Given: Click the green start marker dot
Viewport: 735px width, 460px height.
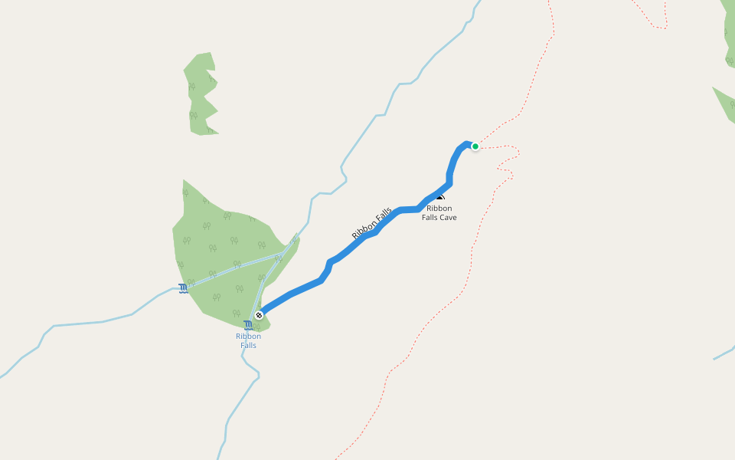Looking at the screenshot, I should (x=475, y=146).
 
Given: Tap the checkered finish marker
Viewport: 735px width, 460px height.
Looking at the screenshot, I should (x=260, y=315).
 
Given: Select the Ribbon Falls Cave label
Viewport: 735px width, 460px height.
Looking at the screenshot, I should (x=439, y=212).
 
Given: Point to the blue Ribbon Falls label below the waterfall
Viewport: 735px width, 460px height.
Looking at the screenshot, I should (x=248, y=340).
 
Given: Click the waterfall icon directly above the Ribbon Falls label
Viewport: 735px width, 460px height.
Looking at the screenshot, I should (x=248, y=326).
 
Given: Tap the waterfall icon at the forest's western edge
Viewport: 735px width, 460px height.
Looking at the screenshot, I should (x=183, y=288).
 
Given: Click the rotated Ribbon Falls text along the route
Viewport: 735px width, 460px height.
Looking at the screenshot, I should (x=372, y=223).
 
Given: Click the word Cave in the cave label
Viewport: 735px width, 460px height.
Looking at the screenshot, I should (x=448, y=218).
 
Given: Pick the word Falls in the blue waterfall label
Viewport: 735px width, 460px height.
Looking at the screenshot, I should (x=248, y=345).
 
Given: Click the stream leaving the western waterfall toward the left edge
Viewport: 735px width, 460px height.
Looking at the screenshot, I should (x=92, y=322).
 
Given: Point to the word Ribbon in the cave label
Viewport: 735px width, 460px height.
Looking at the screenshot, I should (x=439, y=208).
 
